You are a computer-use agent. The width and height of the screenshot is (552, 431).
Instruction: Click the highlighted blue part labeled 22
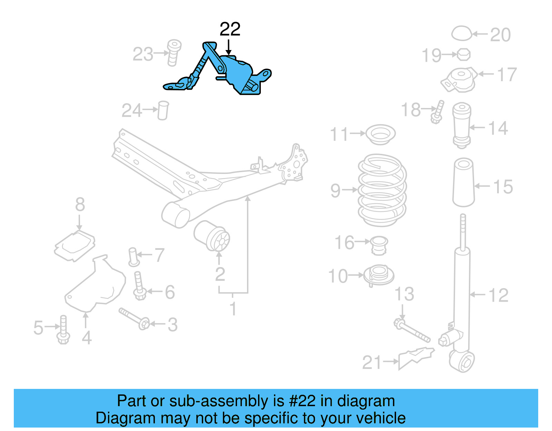[238, 74]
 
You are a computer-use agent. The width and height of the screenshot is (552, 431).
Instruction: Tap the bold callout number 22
[230, 29]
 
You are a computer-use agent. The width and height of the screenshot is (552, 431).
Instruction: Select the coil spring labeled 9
[382, 190]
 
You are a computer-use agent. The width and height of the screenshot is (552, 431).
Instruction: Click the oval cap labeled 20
[462, 33]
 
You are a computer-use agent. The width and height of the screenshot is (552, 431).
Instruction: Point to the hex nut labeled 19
[463, 54]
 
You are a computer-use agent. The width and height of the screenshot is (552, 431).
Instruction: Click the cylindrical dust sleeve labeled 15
[463, 182]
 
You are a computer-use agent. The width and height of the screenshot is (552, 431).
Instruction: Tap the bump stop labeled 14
[462, 125]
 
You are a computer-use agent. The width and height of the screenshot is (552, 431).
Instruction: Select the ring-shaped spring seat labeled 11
[380, 135]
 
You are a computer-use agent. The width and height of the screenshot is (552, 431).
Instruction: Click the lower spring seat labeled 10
[378, 275]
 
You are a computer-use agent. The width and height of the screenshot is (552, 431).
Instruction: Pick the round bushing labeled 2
[212, 236]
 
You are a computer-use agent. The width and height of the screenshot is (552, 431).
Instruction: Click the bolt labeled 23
[174, 52]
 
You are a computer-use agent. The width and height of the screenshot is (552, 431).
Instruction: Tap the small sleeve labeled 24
[163, 110]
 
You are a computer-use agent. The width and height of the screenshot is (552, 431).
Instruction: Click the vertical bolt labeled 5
[63, 330]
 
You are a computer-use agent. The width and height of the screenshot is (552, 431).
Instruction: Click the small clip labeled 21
[416, 358]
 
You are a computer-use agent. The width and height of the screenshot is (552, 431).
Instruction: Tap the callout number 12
[498, 295]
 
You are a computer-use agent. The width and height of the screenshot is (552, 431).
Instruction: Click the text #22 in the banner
[302, 401]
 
